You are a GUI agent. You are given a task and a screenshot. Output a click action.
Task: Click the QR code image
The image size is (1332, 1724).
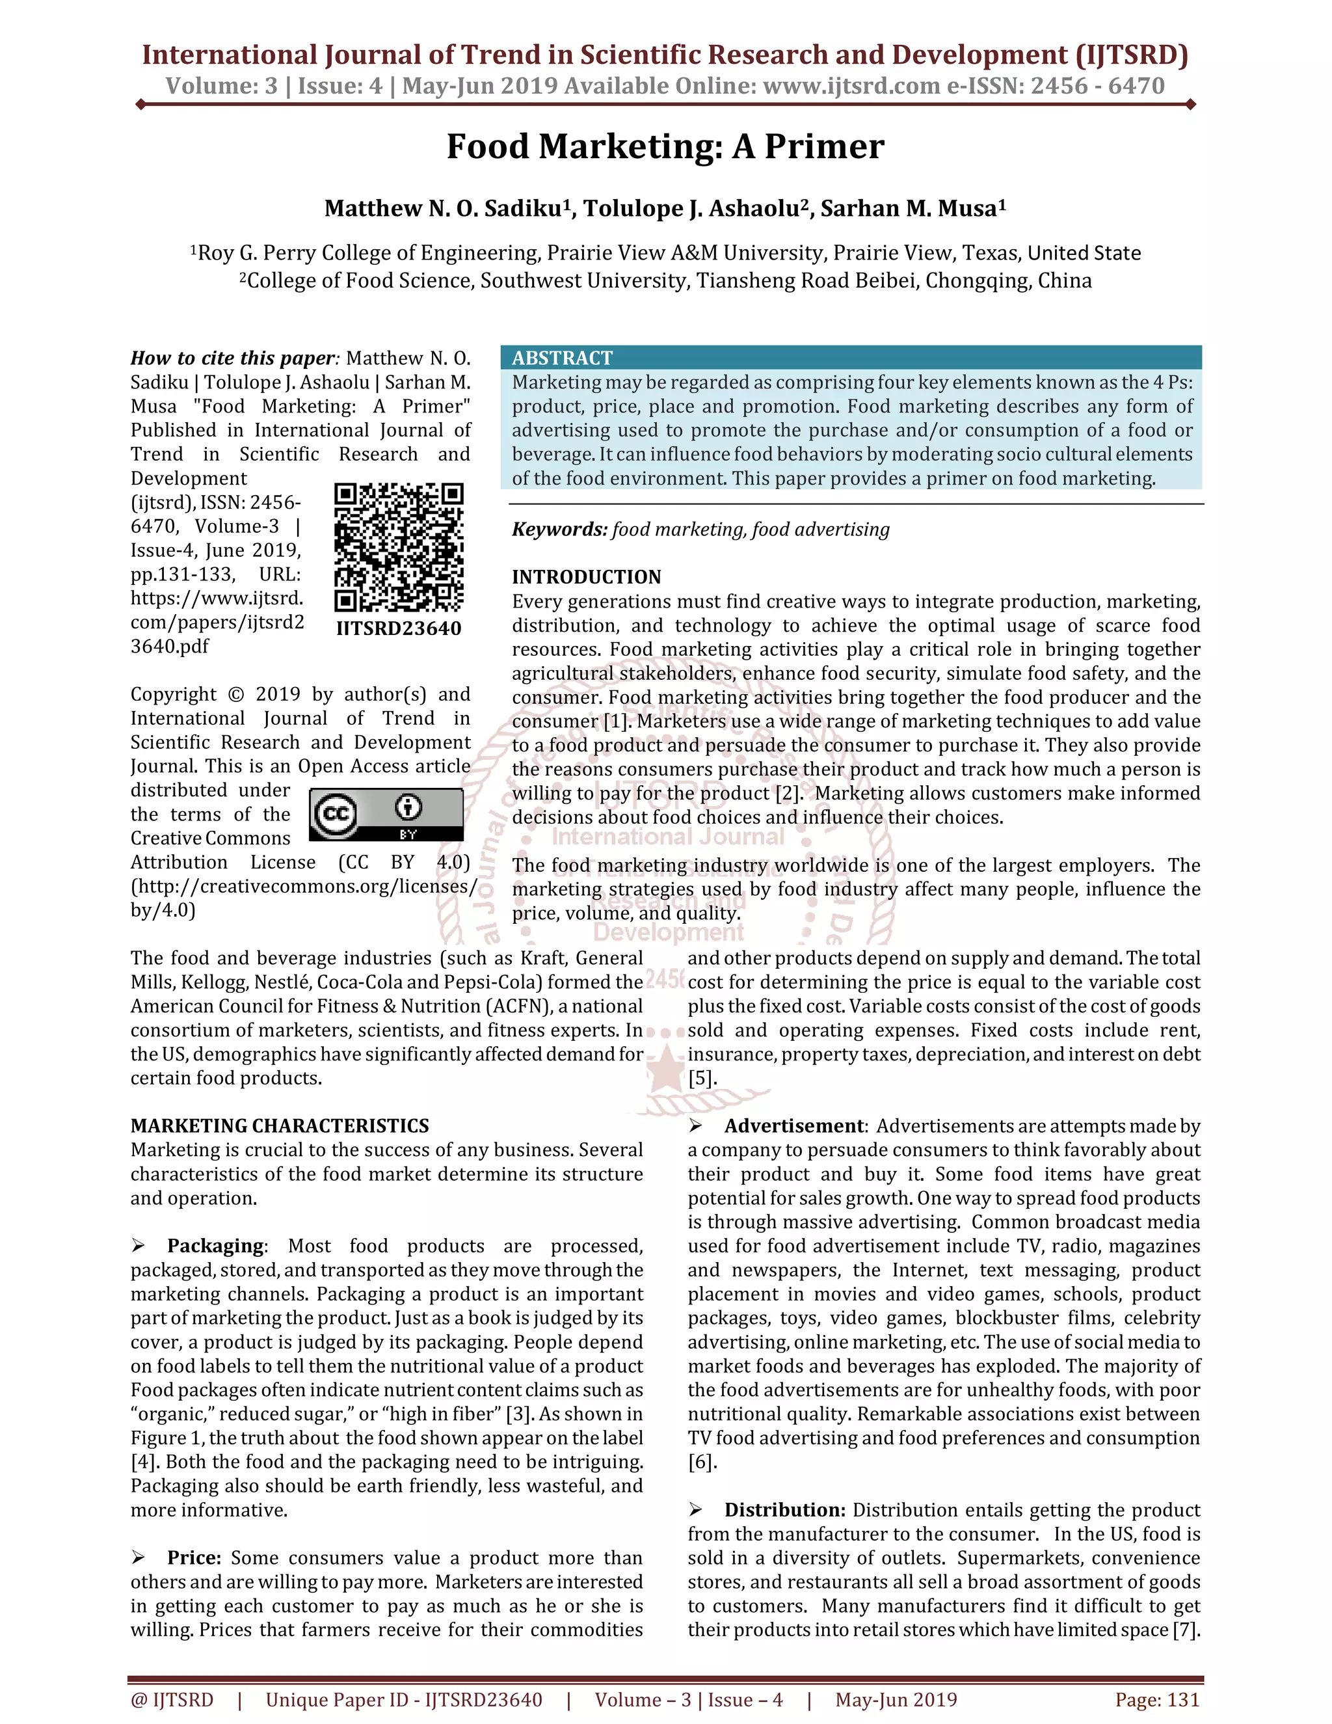pyautogui.click(x=399, y=547)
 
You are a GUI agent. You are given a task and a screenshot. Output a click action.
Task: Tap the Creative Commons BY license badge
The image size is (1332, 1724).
pyautogui.click(x=386, y=814)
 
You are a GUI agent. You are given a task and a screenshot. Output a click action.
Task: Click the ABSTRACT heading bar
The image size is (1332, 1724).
pyautogui.click(x=850, y=358)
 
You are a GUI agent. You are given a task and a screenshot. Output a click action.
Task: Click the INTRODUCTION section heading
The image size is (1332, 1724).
pyautogui.click(x=586, y=577)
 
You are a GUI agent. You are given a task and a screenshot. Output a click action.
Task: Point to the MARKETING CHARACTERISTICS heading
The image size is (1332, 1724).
pyautogui.click(x=279, y=1125)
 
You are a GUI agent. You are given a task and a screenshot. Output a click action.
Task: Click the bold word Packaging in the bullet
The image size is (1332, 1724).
pyautogui.click(x=215, y=1246)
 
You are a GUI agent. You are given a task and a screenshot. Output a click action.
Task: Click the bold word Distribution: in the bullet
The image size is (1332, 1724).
pyautogui.click(x=784, y=1510)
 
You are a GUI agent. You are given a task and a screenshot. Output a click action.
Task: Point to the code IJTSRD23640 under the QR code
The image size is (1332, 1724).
pyautogui.click(x=399, y=628)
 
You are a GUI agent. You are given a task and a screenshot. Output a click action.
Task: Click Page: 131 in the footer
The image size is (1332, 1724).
pyautogui.click(x=1157, y=1699)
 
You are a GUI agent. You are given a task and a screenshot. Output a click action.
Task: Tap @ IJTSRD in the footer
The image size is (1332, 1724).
pyautogui.click(x=172, y=1699)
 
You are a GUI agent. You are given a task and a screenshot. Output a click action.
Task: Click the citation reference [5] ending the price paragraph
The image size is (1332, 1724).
pyautogui.click(x=702, y=1078)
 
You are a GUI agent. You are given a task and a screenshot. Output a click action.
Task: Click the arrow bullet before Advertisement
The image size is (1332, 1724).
pyautogui.click(x=695, y=1125)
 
